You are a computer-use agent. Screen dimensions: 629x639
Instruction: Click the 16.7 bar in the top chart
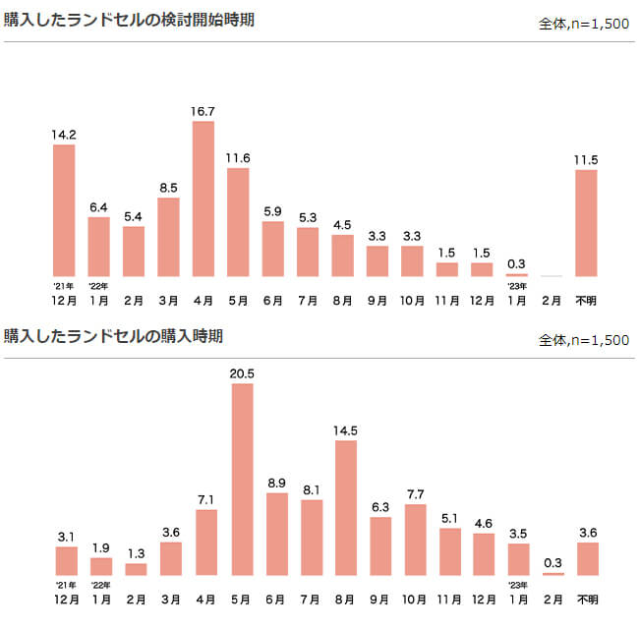pyautogui.click(x=203, y=198)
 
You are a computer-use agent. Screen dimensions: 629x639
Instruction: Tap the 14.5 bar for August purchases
pyautogui.click(x=346, y=507)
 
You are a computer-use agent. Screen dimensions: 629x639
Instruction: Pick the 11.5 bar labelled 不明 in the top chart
pyautogui.click(x=586, y=223)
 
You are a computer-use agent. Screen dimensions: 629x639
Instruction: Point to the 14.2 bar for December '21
pyautogui.click(x=64, y=210)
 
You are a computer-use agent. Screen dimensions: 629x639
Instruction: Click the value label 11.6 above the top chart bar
pyautogui.click(x=238, y=158)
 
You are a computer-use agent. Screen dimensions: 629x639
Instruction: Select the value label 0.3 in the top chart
pyautogui.click(x=516, y=263)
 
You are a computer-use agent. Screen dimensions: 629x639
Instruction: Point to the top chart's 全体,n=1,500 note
pyautogui.click(x=584, y=24)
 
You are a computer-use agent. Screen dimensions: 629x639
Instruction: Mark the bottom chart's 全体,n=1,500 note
pyautogui.click(x=584, y=340)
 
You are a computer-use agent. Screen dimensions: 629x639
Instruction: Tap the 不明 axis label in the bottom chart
pyautogui.click(x=587, y=598)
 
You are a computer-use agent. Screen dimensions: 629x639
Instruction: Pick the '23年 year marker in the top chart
pyautogui.click(x=516, y=286)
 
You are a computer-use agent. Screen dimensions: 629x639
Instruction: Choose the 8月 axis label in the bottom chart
pyautogui.click(x=346, y=598)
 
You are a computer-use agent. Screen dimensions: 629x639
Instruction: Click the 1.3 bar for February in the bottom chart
pyautogui.click(x=136, y=568)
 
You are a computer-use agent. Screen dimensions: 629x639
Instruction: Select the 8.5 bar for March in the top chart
pyautogui.click(x=168, y=237)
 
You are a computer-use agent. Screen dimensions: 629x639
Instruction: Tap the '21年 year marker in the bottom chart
pyautogui.click(x=64, y=586)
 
